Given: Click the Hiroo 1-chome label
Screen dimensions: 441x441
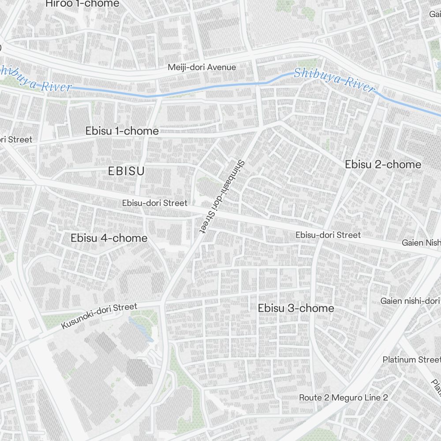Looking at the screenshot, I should [x=82, y=4].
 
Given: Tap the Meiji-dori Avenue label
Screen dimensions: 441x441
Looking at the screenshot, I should [x=202, y=67].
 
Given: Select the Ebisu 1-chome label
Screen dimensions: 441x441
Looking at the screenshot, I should [x=122, y=131].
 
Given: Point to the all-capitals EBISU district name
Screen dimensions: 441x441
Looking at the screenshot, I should [x=126, y=171].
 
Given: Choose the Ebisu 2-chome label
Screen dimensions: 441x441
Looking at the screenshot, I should [x=383, y=164].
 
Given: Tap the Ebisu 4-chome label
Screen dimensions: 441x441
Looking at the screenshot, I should [x=109, y=238].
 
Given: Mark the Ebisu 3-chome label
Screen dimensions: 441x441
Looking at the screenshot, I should [x=296, y=308].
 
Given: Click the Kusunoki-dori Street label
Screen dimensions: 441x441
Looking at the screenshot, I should [x=99, y=315].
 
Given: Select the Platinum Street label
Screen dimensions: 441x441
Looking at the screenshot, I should [x=411, y=359].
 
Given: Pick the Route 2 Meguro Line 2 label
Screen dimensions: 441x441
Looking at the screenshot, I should [x=344, y=398].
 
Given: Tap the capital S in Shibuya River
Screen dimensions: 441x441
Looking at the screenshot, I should [x=298, y=73].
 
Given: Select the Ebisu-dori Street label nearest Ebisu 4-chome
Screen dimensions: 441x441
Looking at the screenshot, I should [x=155, y=203].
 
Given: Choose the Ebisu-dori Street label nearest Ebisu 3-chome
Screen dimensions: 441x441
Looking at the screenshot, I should [x=328, y=235].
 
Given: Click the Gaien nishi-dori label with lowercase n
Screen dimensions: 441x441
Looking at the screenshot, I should [x=410, y=301].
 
